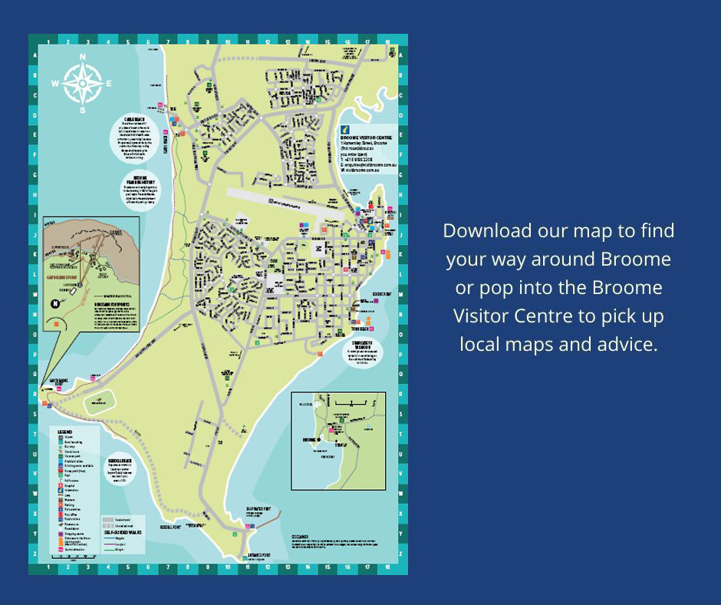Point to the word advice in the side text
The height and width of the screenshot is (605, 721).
(x=632, y=344)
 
